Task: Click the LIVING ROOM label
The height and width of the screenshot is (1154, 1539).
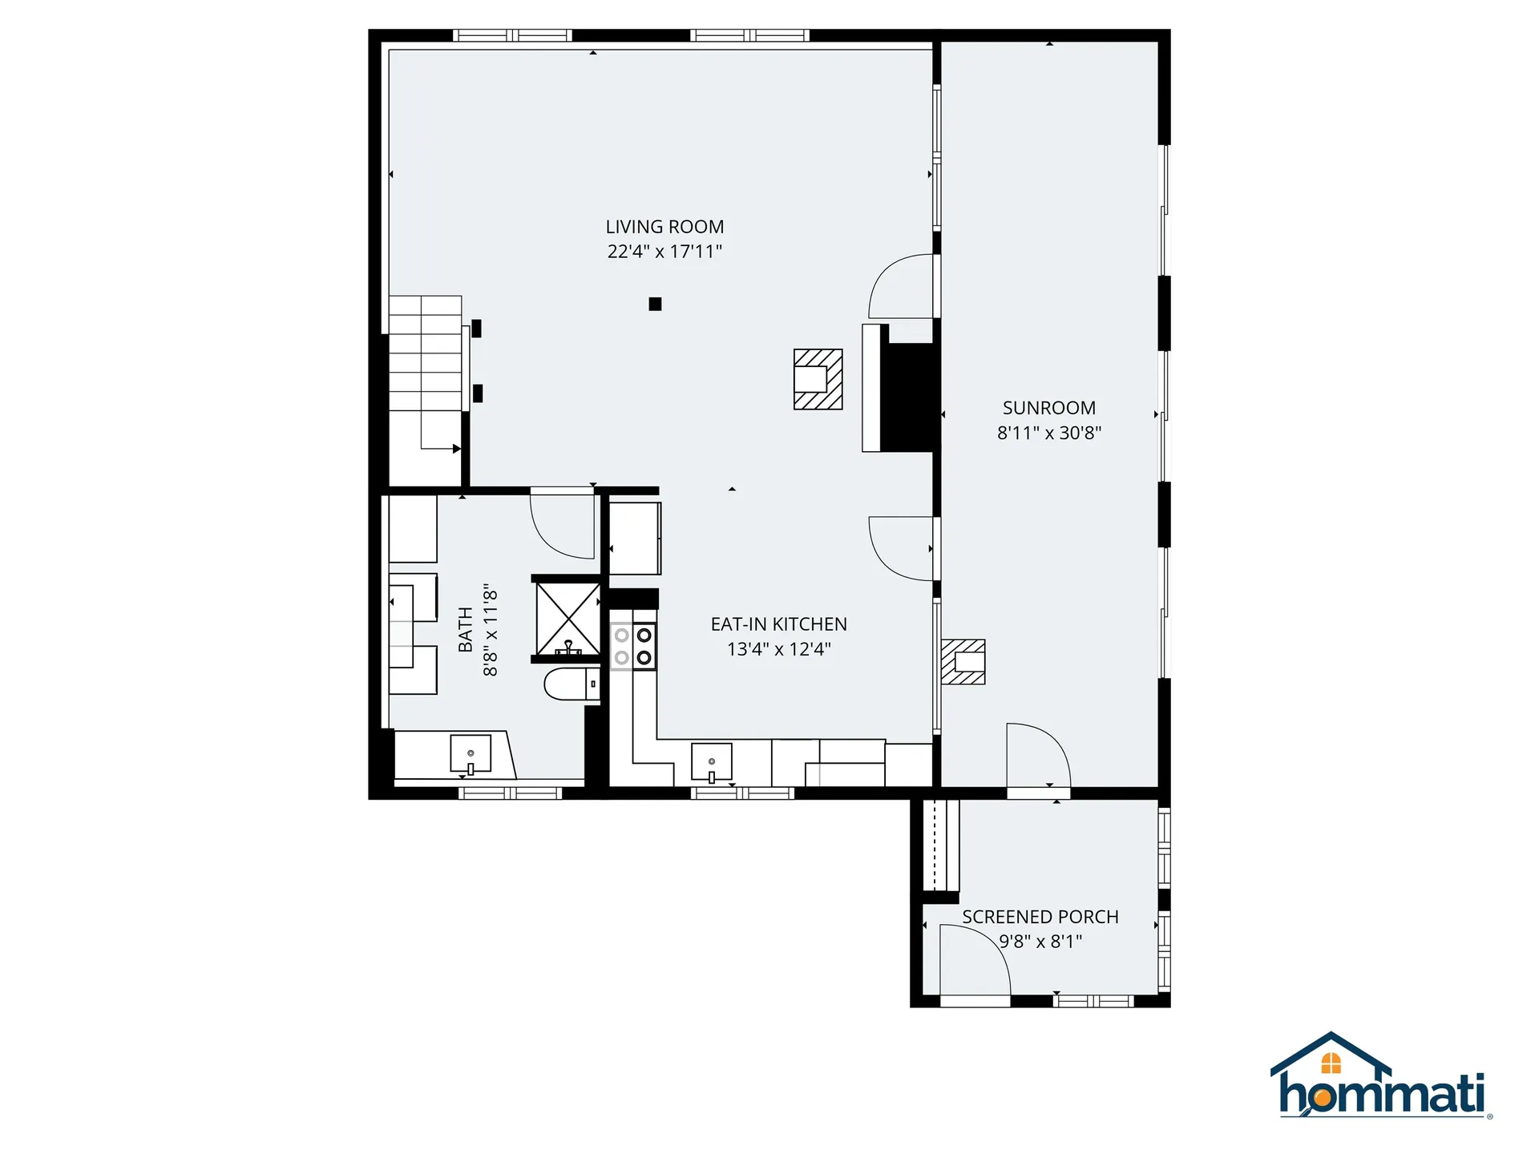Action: (x=664, y=227)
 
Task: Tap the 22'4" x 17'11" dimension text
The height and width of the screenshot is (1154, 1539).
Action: (x=664, y=252)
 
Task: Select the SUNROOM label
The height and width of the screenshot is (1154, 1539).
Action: (x=1048, y=408)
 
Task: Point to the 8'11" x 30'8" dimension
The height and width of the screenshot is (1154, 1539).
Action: (x=1048, y=433)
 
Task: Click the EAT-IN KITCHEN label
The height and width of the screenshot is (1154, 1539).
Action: (x=778, y=624)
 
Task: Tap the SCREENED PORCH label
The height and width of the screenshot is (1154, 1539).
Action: (x=1040, y=917)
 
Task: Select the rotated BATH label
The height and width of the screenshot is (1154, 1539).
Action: (x=465, y=630)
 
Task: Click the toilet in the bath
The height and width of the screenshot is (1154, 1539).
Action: (x=571, y=684)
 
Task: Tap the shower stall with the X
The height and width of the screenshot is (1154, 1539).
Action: (x=568, y=619)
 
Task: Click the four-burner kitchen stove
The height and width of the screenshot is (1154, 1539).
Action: (x=633, y=647)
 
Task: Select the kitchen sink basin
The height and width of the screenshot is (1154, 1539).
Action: (x=711, y=762)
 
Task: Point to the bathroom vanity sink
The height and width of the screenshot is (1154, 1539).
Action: (x=471, y=754)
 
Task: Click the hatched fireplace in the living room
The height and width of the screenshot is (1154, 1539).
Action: (x=818, y=379)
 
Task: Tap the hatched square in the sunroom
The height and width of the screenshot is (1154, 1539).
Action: (x=963, y=662)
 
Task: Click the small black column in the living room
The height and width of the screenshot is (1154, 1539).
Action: (x=655, y=304)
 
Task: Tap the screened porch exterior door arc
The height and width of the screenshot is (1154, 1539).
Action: (x=974, y=961)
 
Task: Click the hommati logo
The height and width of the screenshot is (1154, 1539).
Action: (x=1380, y=1078)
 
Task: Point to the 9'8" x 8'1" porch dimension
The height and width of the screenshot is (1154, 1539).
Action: (x=1040, y=942)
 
